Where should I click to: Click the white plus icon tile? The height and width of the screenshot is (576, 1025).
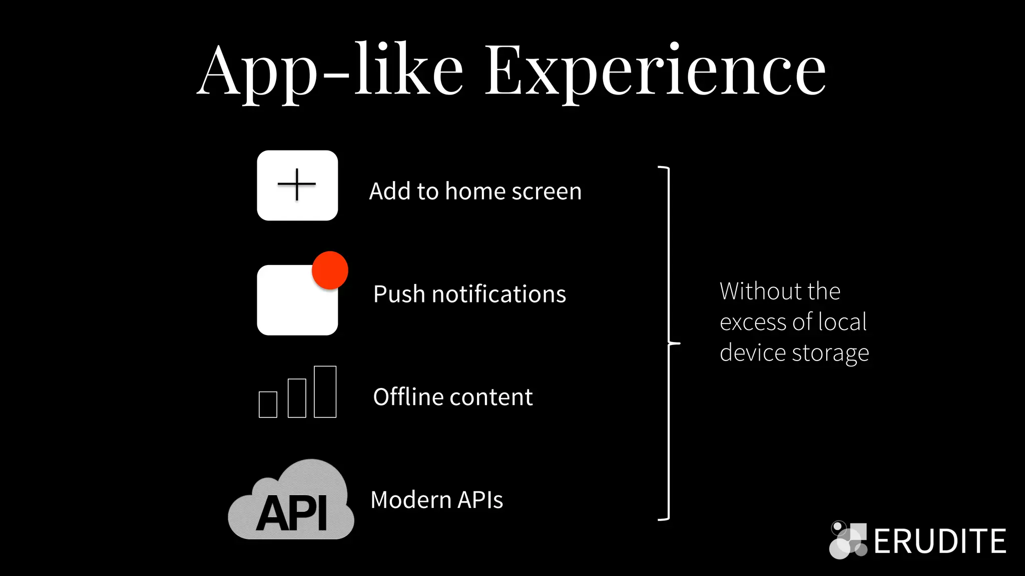[x=297, y=185]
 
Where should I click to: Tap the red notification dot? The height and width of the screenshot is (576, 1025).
[x=330, y=270]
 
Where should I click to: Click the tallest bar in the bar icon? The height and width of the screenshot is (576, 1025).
[x=325, y=391]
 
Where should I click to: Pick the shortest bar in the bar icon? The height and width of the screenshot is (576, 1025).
[x=268, y=404]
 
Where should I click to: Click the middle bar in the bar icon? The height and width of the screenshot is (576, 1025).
[x=297, y=398]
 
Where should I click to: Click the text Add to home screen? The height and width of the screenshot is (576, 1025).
[x=475, y=191]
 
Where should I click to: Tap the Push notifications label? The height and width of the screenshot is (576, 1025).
[x=469, y=294]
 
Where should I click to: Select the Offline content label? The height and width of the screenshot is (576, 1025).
[x=452, y=397]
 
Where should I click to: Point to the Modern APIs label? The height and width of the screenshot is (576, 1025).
[x=436, y=500]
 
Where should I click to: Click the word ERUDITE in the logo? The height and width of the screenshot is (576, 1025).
[x=939, y=541]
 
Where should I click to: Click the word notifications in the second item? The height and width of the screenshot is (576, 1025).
[x=498, y=294]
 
